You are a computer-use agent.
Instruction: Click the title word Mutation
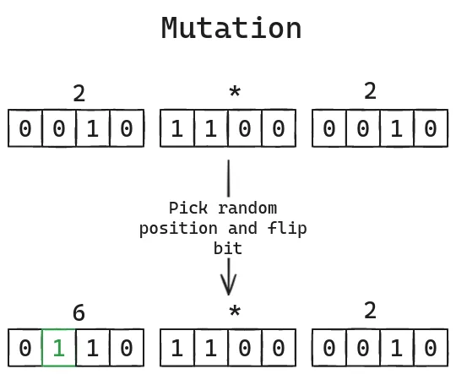[231, 28]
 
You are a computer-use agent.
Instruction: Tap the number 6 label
[79, 313]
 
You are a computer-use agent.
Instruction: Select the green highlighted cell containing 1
[59, 349]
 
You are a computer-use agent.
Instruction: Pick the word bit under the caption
[227, 248]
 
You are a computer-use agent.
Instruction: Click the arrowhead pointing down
[228, 283]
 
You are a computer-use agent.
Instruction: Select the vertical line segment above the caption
[228, 178]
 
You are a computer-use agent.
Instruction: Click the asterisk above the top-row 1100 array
[234, 92]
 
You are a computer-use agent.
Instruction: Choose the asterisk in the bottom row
[234, 312]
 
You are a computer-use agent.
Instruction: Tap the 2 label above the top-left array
[79, 93]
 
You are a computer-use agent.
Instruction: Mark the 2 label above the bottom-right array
[370, 311]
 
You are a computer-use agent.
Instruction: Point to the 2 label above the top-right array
[370, 91]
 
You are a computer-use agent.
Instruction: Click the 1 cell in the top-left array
[93, 129]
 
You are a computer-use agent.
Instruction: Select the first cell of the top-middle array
[177, 129]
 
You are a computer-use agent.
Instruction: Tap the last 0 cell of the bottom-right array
[431, 349]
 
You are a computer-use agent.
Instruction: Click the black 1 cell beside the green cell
[93, 349]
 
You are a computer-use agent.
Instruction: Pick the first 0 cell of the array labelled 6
[25, 349]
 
